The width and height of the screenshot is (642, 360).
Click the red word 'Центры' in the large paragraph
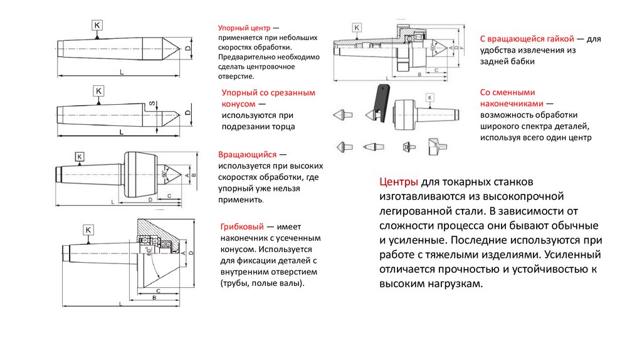[398, 183]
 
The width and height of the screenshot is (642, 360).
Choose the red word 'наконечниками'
[510, 103]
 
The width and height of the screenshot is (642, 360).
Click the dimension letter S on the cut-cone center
[152, 104]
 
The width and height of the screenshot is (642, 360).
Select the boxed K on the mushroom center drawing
[88, 230]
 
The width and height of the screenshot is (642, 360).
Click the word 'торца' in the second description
[282, 127]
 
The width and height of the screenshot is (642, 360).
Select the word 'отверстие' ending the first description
[236, 77]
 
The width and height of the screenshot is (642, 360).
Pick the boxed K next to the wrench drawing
[429, 98]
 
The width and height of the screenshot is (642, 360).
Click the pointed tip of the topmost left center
[177, 47]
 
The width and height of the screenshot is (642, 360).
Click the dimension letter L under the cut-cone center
[119, 132]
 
